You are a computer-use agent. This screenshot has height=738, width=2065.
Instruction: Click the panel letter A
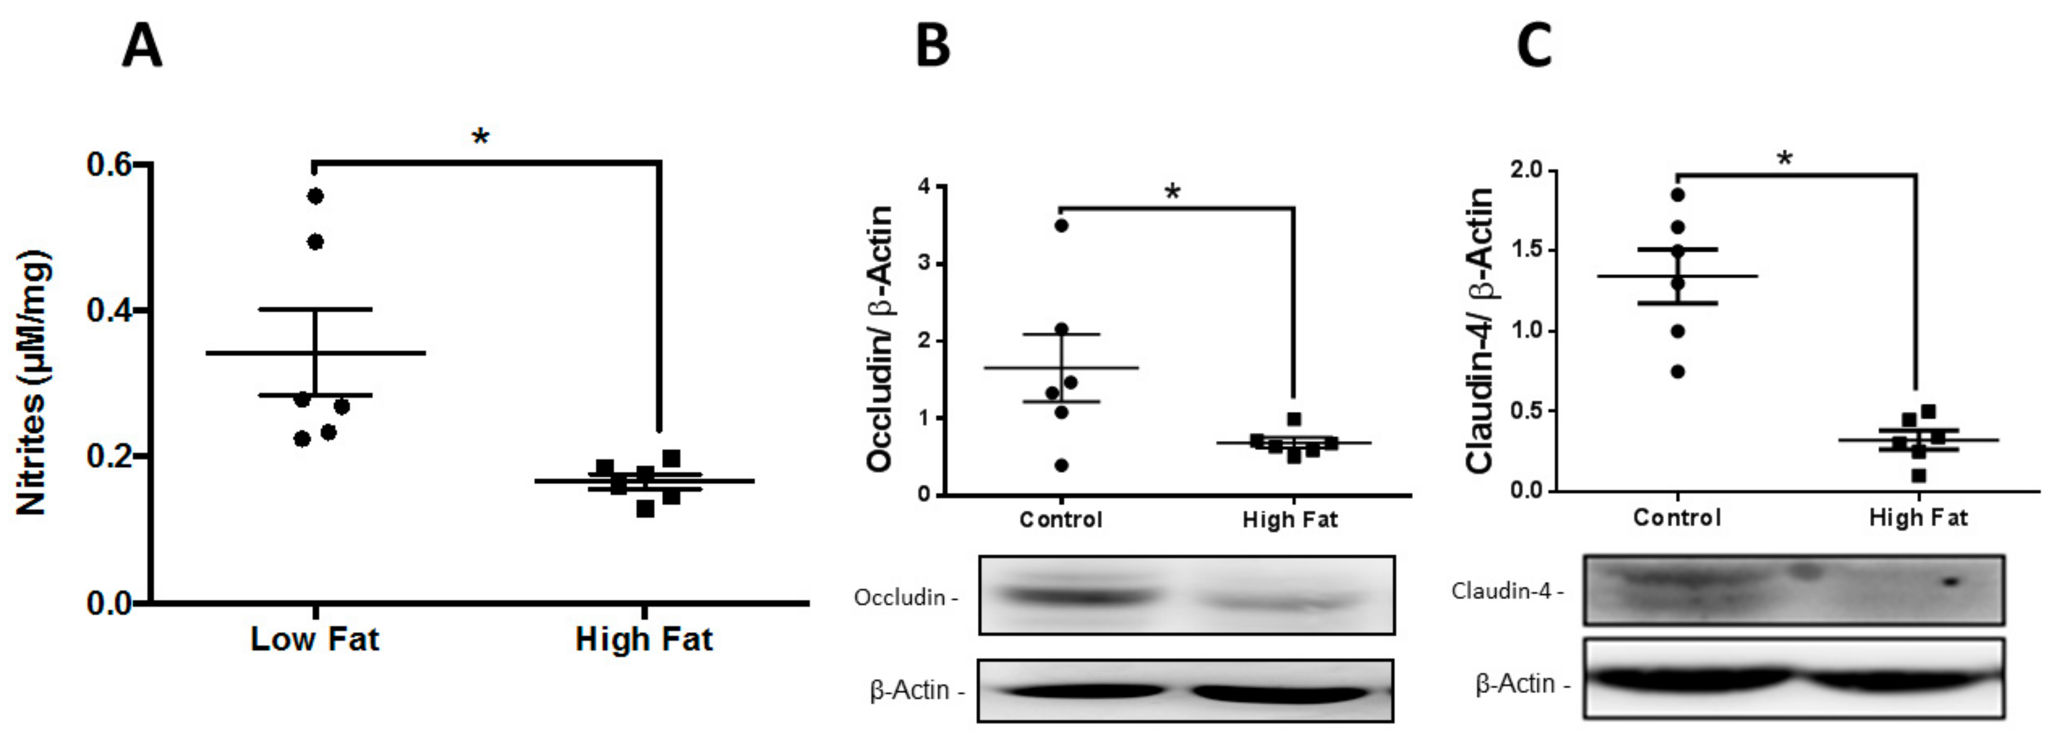click(143, 47)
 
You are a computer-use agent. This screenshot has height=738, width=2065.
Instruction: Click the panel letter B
click(932, 47)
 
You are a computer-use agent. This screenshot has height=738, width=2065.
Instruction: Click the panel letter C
click(1535, 47)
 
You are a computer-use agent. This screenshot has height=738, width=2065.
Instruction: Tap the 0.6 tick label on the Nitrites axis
click(110, 165)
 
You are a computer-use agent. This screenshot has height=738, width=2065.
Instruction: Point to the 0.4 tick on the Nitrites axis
click(110, 311)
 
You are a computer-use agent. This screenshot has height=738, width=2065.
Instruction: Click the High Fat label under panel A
click(643, 639)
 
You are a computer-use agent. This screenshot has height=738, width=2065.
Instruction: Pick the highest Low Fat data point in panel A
click(315, 196)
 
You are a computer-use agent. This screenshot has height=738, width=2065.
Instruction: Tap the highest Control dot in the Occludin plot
click(1062, 226)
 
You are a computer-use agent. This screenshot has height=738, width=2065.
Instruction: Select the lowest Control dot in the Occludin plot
click(1062, 465)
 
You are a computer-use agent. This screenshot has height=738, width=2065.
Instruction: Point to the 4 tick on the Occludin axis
click(925, 187)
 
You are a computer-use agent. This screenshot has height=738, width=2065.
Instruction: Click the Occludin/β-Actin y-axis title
click(880, 339)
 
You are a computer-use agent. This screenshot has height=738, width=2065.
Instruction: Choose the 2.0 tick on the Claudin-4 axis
click(1526, 170)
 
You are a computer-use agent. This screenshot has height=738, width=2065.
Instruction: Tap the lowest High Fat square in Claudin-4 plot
click(1918, 476)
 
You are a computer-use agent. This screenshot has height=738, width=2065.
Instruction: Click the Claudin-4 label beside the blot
click(1503, 591)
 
